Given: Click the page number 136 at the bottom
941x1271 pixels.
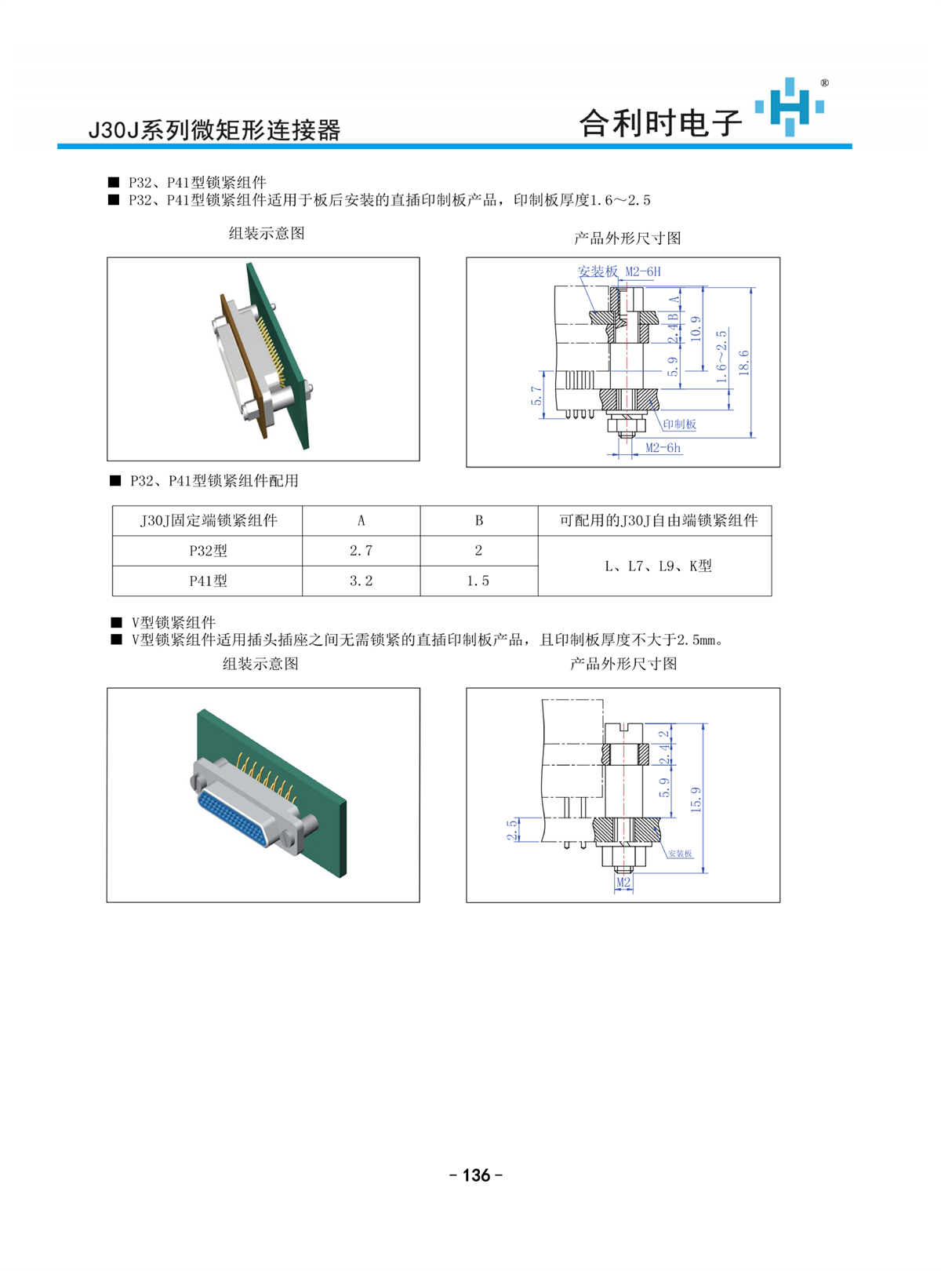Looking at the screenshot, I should (x=476, y=1174).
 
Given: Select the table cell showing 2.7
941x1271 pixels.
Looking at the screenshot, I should (x=361, y=551).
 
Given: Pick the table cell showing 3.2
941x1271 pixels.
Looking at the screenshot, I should (x=361, y=581).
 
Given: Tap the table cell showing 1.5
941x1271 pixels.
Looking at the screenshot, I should (x=478, y=581).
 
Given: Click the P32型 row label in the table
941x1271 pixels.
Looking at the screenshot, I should (x=208, y=551).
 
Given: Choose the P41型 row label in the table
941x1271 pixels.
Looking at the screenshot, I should (x=208, y=581).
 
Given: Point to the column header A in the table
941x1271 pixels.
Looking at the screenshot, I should (x=361, y=520).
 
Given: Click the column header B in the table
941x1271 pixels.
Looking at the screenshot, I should (x=478, y=520).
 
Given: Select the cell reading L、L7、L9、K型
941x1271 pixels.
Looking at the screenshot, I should (x=658, y=566).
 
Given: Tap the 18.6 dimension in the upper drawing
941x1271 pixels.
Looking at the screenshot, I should (x=743, y=362).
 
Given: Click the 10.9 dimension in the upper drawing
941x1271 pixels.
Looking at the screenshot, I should (x=696, y=328).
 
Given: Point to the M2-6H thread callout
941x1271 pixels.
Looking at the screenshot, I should (x=643, y=271).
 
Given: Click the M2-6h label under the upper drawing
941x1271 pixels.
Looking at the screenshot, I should (x=663, y=448).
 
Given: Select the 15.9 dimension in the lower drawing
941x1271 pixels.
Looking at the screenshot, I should (x=696, y=799).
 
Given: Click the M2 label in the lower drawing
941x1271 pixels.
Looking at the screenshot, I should (x=623, y=883).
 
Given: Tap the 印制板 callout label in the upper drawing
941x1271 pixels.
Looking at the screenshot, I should (x=679, y=424).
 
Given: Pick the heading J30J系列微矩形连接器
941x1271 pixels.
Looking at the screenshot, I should (x=214, y=129).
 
